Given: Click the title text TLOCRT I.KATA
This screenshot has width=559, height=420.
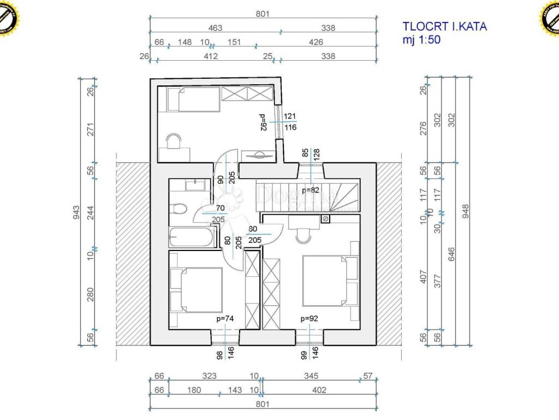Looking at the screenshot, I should click(444, 26).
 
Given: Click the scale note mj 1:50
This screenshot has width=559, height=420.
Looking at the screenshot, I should click(421, 39).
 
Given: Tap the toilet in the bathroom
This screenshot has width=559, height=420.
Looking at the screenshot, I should click(177, 208).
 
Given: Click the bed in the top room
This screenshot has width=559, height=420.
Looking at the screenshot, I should click(191, 99).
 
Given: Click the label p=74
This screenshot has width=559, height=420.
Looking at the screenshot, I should click(225, 317).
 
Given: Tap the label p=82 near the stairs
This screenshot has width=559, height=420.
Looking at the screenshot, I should click(310, 191).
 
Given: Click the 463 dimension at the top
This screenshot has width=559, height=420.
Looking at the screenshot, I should click(215, 28).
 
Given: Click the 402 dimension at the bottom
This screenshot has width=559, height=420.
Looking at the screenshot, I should click(320, 390).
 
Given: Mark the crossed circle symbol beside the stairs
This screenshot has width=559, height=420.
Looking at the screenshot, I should click(325, 219).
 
